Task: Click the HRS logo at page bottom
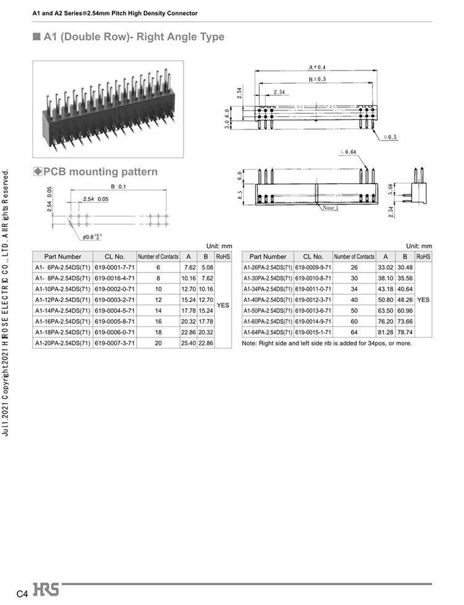point(46,590)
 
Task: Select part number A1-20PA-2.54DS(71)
point(62,343)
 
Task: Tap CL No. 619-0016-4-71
point(115,278)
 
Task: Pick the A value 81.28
point(385,332)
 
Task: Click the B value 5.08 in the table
point(207,268)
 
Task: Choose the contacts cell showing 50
point(354,311)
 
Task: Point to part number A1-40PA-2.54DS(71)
point(268,300)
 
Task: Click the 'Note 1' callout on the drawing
point(330,207)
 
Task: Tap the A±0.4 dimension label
point(317,67)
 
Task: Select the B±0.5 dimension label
point(317,79)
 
